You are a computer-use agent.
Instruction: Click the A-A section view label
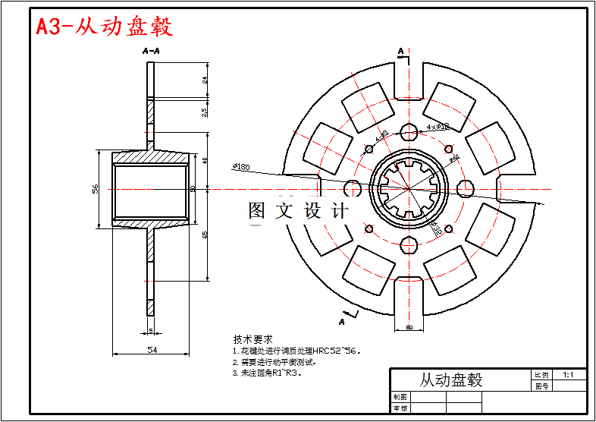[x=151, y=51]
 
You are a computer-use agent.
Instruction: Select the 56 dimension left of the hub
[x=96, y=189]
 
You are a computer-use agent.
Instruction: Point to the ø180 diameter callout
[x=242, y=166]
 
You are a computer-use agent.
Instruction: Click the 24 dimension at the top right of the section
[x=205, y=80]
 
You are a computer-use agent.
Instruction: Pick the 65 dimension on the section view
[x=205, y=235]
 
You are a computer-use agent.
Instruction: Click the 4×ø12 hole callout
[x=438, y=126]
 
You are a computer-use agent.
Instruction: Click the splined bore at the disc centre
[x=409, y=188]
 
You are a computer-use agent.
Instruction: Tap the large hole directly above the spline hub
[x=409, y=131]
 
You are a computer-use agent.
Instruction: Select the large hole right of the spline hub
[x=466, y=188]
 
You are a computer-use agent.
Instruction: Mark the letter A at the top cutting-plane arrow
[x=400, y=51]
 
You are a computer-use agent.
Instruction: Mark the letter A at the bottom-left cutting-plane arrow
[x=342, y=322]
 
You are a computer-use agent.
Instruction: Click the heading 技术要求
[x=253, y=339]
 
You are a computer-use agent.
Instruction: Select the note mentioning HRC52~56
[x=296, y=351]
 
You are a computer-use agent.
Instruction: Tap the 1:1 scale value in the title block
[x=568, y=375]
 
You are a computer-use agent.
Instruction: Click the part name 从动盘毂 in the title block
[x=451, y=380]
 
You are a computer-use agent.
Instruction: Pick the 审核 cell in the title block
[x=400, y=408]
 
